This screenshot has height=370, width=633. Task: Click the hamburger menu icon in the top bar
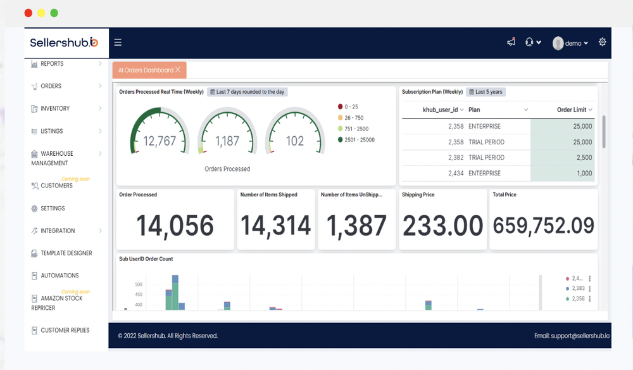point(118,43)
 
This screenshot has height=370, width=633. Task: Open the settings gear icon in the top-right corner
point(602,42)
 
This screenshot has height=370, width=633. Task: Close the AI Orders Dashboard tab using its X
point(178,70)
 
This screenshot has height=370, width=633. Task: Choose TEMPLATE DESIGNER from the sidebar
point(66,253)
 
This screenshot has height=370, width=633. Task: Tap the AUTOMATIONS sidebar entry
point(60,276)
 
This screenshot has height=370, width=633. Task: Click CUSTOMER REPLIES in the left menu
point(65,330)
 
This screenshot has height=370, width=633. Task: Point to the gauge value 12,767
point(160,141)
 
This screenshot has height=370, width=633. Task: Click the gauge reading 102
point(295,141)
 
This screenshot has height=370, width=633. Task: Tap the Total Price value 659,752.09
point(543,226)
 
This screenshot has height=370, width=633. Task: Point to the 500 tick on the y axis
point(138,285)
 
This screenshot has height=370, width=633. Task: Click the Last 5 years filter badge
point(486,92)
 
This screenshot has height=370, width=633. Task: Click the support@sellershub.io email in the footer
point(576,336)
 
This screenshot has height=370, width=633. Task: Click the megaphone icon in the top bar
point(511,42)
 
